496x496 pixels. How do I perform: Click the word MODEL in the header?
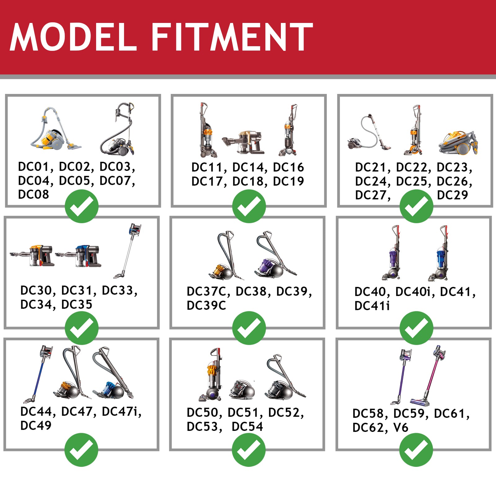[73, 37]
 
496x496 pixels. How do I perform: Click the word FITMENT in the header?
[232, 37]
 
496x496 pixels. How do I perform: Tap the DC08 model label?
[33, 194]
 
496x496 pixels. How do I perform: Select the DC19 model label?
[288, 181]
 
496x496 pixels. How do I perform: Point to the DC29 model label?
[452, 195]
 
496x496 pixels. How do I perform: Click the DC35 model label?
[77, 304]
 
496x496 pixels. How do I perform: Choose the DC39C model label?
[206, 305]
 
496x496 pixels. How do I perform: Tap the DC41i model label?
[372, 306]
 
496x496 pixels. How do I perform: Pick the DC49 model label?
[36, 425]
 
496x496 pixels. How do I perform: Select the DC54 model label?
[247, 427]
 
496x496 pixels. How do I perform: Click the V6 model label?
[401, 428]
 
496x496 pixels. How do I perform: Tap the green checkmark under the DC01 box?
[82, 206]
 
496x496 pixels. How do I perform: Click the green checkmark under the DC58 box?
[416, 450]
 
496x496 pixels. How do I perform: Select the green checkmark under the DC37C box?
[249, 328]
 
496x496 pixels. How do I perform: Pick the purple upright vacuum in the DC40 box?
[391, 253]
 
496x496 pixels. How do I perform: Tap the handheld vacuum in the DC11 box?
[243, 142]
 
